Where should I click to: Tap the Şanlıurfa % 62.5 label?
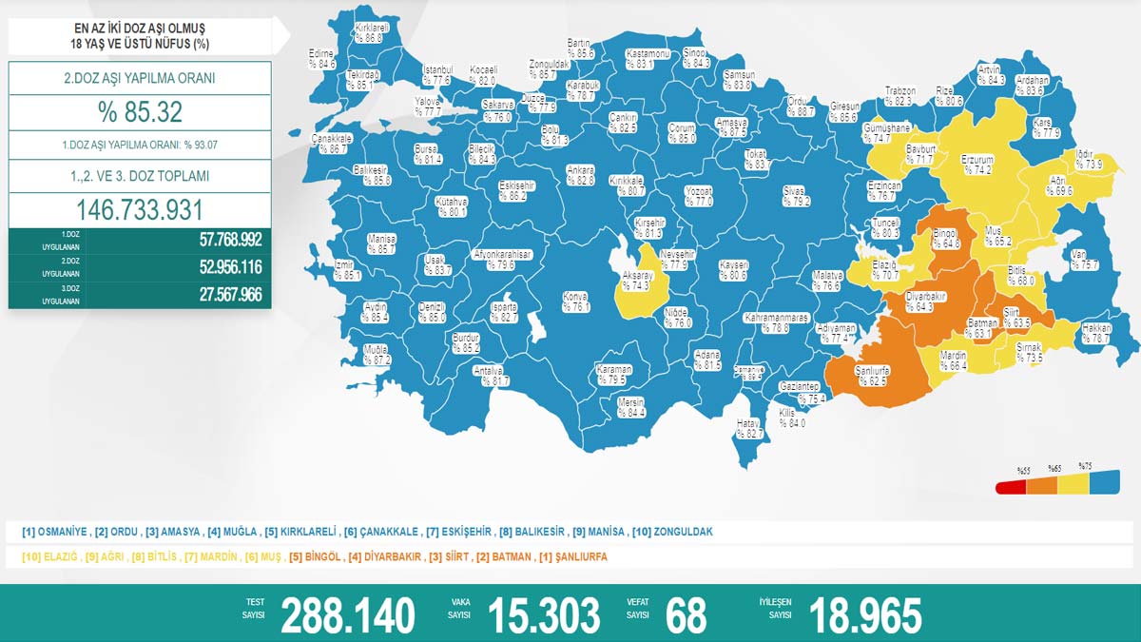click(x=871, y=375)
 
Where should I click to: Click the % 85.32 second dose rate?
click(x=140, y=112)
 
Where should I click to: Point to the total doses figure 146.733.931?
click(x=140, y=210)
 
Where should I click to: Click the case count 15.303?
click(x=543, y=615)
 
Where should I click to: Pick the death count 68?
click(x=687, y=615)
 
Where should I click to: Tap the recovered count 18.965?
click(x=864, y=615)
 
